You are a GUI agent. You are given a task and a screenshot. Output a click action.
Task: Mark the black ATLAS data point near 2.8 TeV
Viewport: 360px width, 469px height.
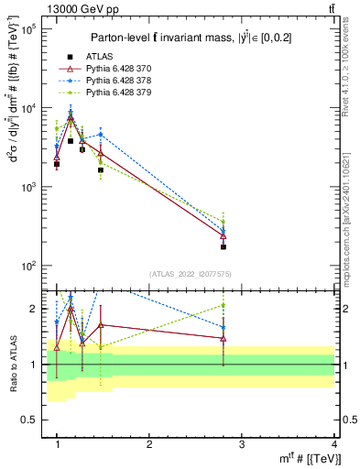point(224,246)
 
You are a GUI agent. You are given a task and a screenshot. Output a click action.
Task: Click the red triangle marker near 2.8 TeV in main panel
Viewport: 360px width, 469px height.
point(224,236)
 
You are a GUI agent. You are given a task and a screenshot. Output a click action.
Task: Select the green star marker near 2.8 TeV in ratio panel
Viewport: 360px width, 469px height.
point(224,305)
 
